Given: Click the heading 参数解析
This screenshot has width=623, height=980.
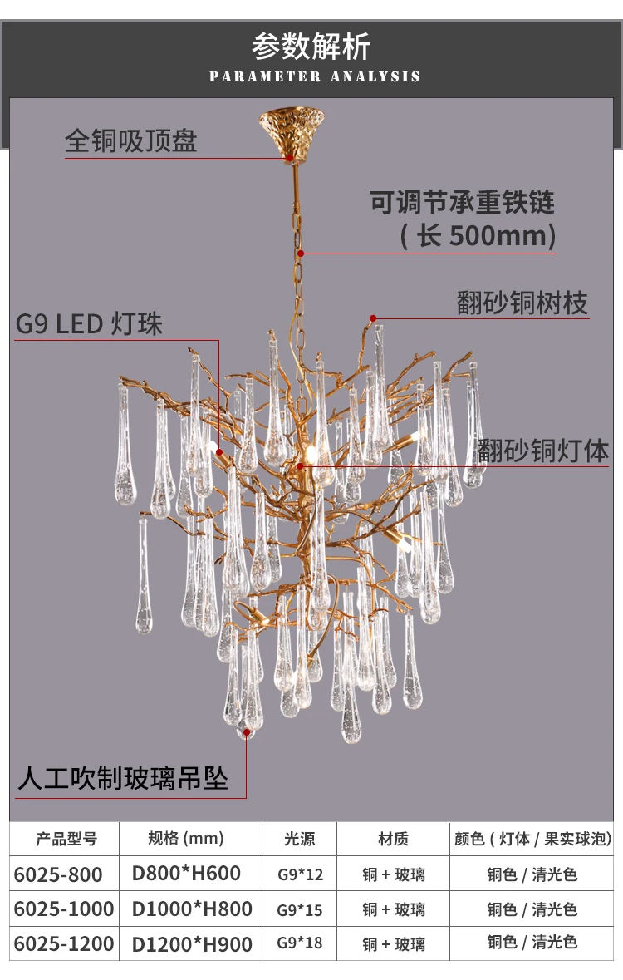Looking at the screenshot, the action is [x=311, y=47].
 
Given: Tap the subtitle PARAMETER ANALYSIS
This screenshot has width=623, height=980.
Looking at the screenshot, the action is [x=314, y=76].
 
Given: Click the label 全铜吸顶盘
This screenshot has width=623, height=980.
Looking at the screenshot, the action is [x=131, y=140].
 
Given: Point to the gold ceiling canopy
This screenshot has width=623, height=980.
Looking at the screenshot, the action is [x=292, y=132].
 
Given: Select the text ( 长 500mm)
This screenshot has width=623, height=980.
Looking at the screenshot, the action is [x=478, y=235].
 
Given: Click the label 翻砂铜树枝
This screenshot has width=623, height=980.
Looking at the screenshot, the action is [x=522, y=303].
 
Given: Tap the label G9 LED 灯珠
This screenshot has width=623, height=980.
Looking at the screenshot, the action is [x=89, y=323].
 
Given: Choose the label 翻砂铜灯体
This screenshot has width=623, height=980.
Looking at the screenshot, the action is [x=543, y=451].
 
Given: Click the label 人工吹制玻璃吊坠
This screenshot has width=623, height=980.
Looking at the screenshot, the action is [x=123, y=778].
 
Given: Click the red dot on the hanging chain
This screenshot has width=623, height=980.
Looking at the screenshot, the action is [x=301, y=254].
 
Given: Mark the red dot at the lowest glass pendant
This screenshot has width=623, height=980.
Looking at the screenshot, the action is [x=247, y=732].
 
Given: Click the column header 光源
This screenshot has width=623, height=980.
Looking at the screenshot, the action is [x=299, y=839].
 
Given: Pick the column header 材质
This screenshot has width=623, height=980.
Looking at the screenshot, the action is [x=393, y=839].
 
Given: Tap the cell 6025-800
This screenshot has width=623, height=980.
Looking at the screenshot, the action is [x=58, y=874].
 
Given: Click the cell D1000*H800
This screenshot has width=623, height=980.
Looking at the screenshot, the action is [x=192, y=909].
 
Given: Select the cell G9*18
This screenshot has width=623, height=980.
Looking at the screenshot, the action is [x=300, y=943].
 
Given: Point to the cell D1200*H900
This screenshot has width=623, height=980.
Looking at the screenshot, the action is [x=192, y=943].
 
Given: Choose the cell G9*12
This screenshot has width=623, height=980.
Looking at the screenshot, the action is [x=300, y=874].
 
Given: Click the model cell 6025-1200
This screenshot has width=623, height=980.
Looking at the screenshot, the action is [x=64, y=943].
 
